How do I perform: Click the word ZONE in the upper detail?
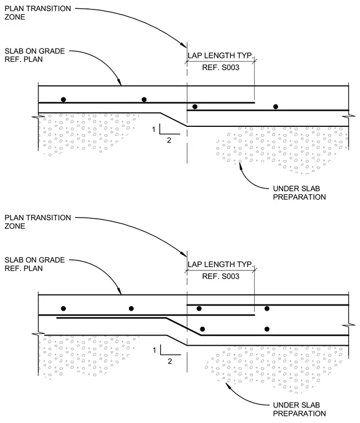[x=15, y=17]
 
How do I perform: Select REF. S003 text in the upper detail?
[x=220, y=67]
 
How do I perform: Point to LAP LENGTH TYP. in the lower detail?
[x=220, y=264]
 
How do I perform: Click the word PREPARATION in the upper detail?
[x=299, y=197]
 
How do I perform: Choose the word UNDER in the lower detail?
[x=285, y=405]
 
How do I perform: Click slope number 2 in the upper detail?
[x=169, y=140]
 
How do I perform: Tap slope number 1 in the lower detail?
[x=154, y=350]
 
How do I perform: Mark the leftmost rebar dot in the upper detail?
[x=63, y=100]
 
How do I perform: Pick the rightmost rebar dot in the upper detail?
[x=275, y=106]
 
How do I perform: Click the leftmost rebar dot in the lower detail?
[x=63, y=308]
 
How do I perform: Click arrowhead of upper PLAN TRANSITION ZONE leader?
[x=184, y=45]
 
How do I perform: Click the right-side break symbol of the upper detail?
[x=348, y=116]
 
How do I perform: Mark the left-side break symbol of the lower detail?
[x=38, y=335]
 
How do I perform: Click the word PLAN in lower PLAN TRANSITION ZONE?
[x=12, y=218]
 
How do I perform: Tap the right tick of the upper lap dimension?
[x=254, y=61]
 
